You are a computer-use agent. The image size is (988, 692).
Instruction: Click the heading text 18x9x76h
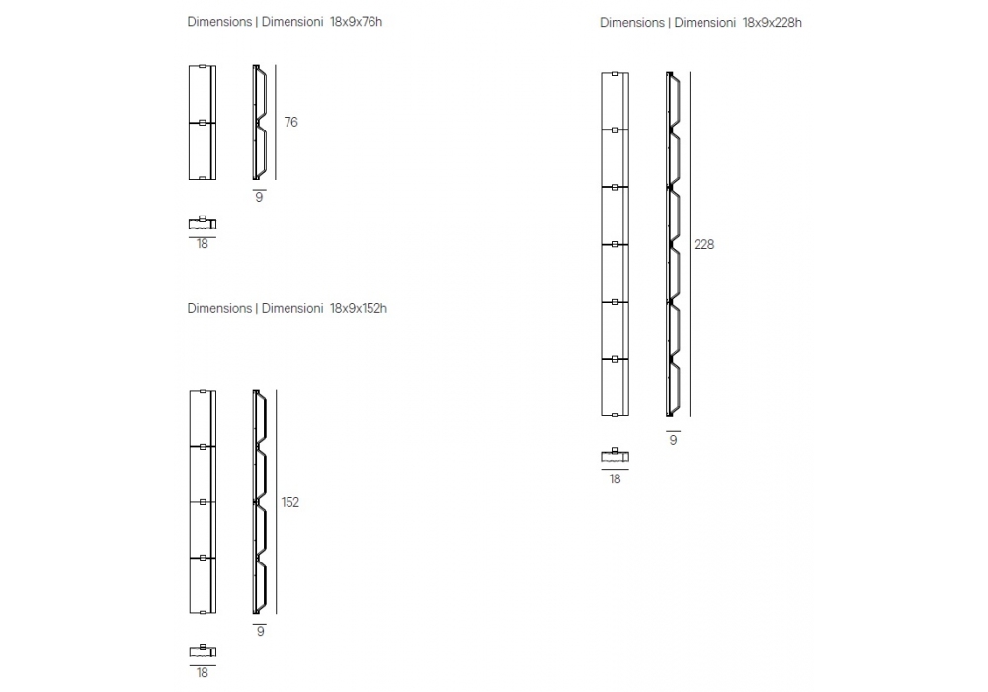pos(357,22)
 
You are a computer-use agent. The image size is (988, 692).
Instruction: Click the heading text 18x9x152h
pos(359,308)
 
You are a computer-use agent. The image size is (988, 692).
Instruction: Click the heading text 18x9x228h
pos(772,22)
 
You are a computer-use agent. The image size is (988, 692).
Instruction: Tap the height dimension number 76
pos(290,123)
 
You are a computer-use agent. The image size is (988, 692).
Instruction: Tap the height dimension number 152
pos(290,502)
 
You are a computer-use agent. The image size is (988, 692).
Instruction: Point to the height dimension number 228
pos(703,244)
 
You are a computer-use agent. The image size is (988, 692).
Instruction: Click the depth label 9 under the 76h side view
pos(260,198)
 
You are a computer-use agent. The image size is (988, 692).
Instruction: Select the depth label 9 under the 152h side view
pos(260,631)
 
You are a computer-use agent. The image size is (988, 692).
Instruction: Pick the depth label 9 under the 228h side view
pos(673,440)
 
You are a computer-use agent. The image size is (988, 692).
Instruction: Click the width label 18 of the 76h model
pos(203,244)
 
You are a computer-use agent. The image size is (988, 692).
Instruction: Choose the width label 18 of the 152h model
pos(203,673)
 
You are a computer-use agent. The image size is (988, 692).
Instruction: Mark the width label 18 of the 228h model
pos(616,479)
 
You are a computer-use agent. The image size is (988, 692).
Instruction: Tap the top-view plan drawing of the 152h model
pos(203,650)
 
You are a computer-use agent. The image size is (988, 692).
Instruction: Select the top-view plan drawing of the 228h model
pos(616,457)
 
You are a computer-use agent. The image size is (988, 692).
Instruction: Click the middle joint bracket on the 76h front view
pos(203,123)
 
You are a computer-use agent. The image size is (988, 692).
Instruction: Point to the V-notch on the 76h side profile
pos(261,123)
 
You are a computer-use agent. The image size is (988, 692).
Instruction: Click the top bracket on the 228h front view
pos(616,74)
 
